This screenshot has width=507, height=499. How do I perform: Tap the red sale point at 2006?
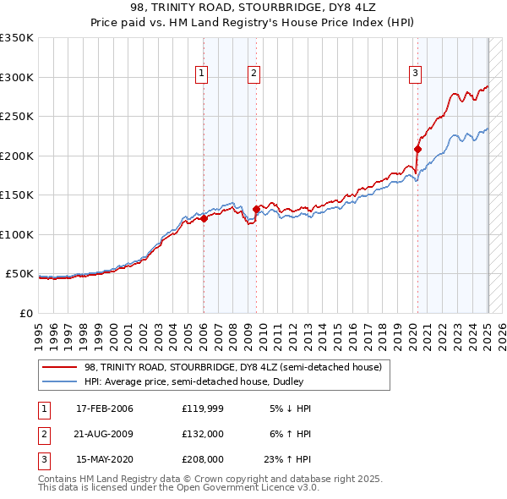tap(204, 219)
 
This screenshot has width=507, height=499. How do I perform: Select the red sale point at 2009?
tap(256, 209)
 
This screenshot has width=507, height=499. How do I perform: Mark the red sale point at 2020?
tap(417, 149)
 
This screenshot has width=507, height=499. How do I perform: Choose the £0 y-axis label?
tap(26, 313)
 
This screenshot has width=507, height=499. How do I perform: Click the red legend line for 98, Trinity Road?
tap(60, 367)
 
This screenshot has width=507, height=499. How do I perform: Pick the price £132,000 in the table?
tap(202, 434)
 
